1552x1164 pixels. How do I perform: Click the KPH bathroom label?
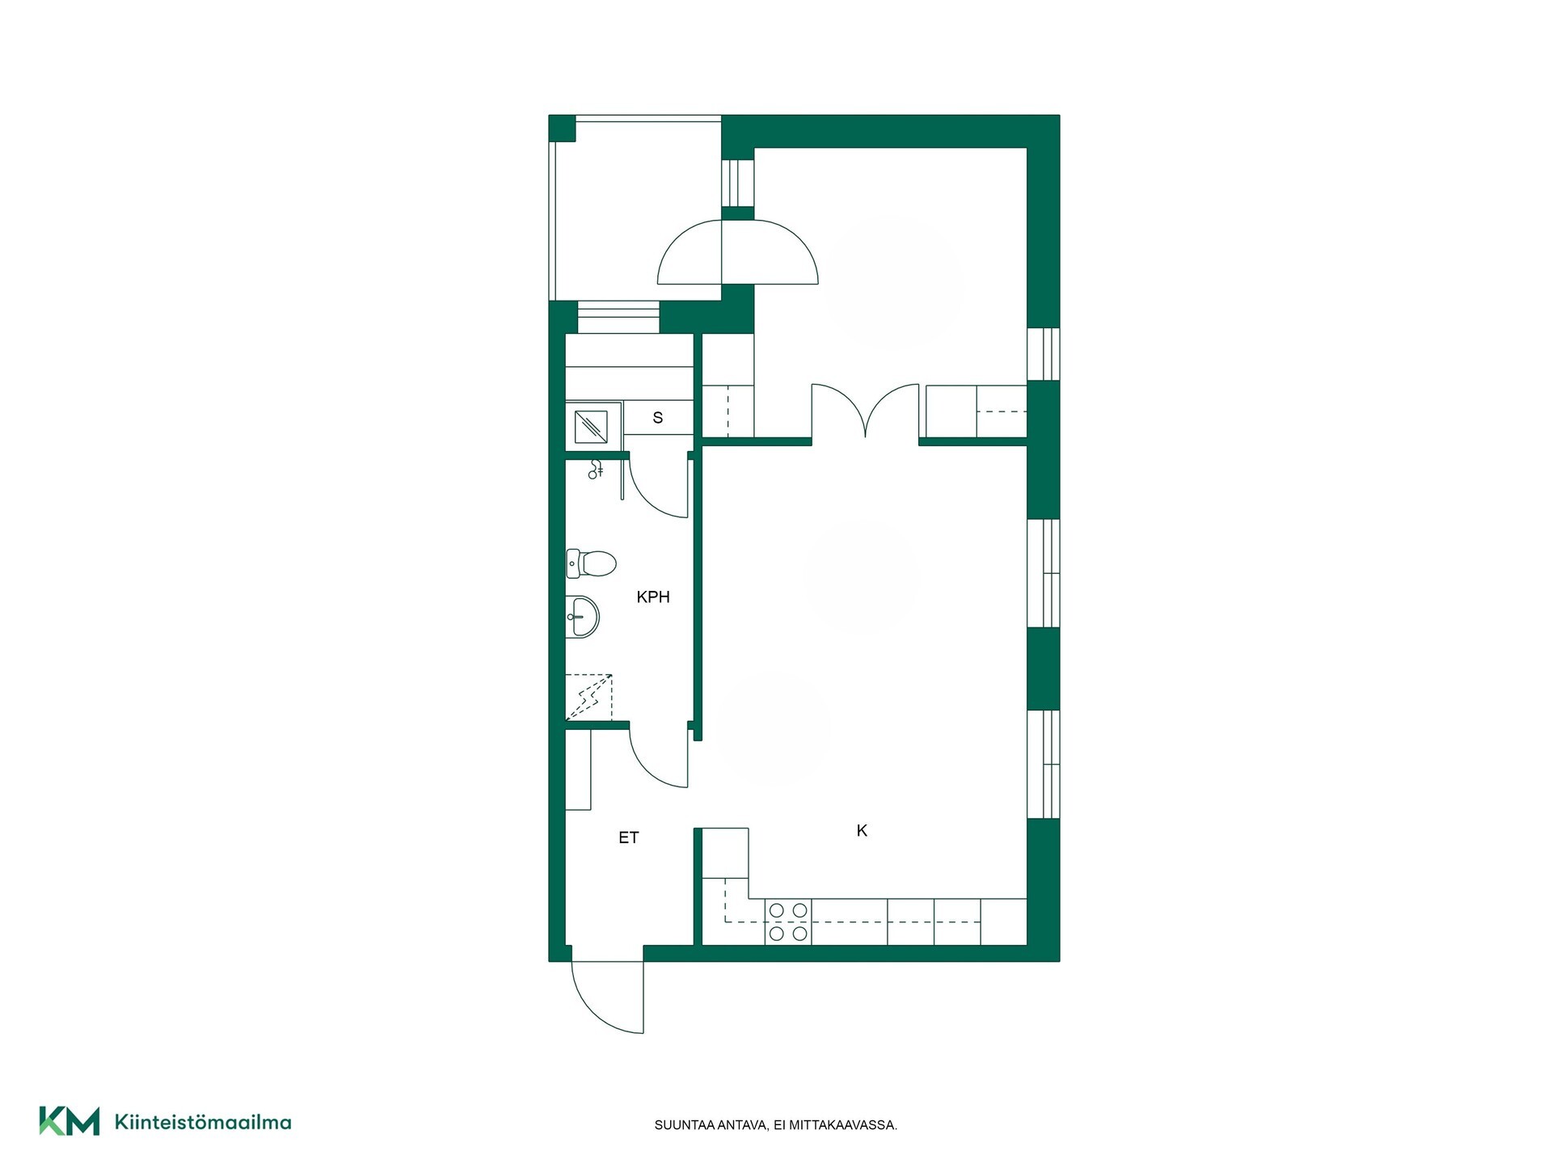(653, 597)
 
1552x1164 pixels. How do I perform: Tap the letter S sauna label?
(658, 418)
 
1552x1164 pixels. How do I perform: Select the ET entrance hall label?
(629, 838)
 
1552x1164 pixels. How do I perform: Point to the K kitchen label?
(862, 830)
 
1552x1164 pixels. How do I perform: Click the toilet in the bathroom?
(591, 563)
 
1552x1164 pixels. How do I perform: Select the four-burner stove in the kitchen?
(788, 922)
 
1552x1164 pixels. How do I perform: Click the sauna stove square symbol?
(591, 427)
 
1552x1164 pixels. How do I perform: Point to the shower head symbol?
(596, 469)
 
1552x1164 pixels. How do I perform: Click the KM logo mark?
(70, 1121)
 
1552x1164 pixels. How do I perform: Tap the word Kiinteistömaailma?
(203, 1122)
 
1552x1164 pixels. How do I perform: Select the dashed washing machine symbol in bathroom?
(588, 697)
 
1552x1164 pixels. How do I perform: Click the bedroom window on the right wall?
(1044, 353)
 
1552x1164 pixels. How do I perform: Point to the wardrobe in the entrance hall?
(579, 770)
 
